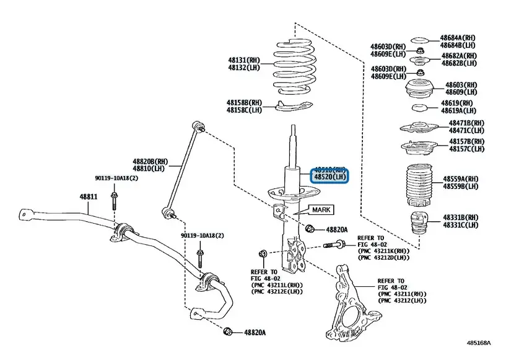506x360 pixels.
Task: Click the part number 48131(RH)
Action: [244, 60]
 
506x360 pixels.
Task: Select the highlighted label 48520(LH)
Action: [330, 177]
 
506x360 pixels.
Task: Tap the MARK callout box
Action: [321, 210]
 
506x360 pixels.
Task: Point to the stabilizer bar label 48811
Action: [87, 196]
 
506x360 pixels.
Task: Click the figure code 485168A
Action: [482, 342]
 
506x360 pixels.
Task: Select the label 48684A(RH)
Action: [458, 37]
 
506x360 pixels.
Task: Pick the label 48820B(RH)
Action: [149, 161]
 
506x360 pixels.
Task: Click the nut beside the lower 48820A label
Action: [228, 332]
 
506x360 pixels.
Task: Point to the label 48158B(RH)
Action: [244, 102]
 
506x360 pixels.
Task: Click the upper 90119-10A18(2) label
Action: [116, 178]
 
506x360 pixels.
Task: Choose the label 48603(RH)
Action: [461, 85]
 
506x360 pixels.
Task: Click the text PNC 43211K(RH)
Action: [383, 251]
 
